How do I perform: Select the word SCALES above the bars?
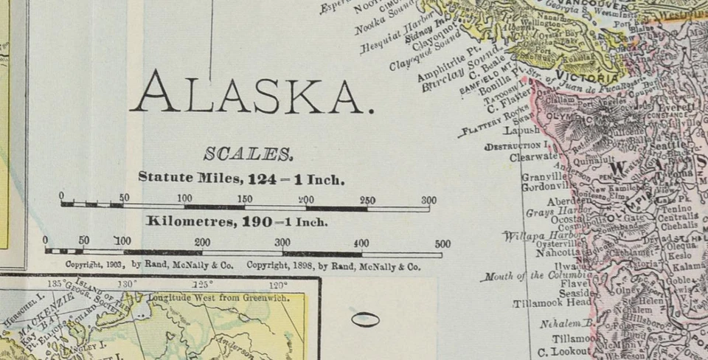(248, 154)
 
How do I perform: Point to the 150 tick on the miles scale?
(245, 200)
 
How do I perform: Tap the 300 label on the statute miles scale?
(428, 200)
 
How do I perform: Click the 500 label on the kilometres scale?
(442, 244)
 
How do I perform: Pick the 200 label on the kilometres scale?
(202, 243)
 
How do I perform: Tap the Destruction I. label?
(516, 146)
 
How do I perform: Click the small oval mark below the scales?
(364, 319)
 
